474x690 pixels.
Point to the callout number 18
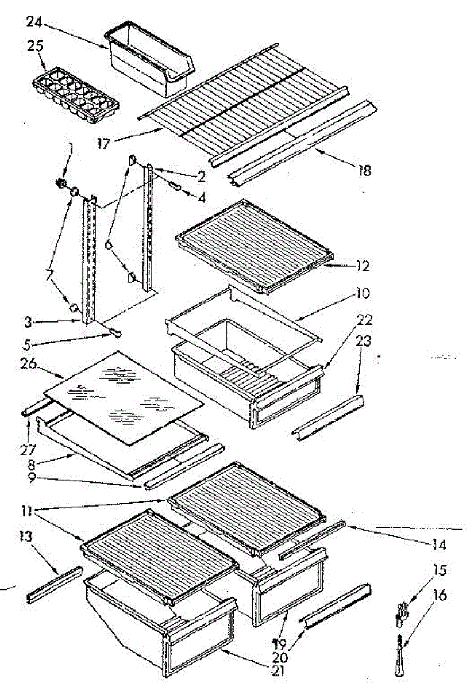[x=364, y=170]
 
